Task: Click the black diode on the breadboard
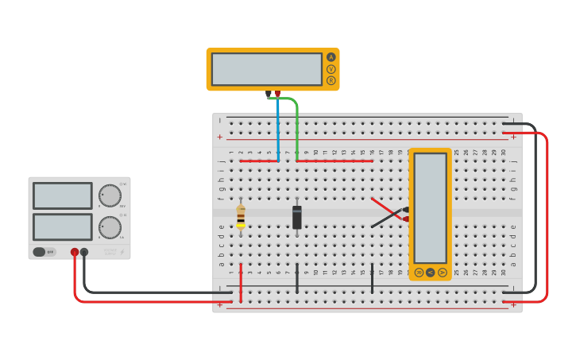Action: pos(297,217)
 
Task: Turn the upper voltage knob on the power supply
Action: pos(110,195)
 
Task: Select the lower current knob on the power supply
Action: pos(110,227)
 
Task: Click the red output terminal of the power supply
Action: pos(75,252)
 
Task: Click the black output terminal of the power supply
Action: pos(84,252)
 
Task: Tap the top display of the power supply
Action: pos(63,195)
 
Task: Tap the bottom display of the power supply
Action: pos(63,226)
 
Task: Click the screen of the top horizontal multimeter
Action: pos(267,69)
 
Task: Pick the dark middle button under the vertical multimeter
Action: pos(431,272)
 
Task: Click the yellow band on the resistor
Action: pos(241,225)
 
